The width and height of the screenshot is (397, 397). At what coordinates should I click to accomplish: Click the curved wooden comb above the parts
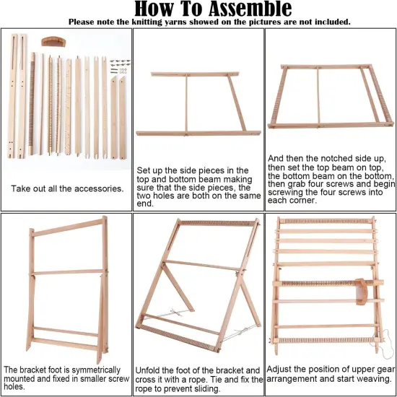(x=53, y=41)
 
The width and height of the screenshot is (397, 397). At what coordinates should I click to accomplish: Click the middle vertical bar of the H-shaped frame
(x=187, y=103)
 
